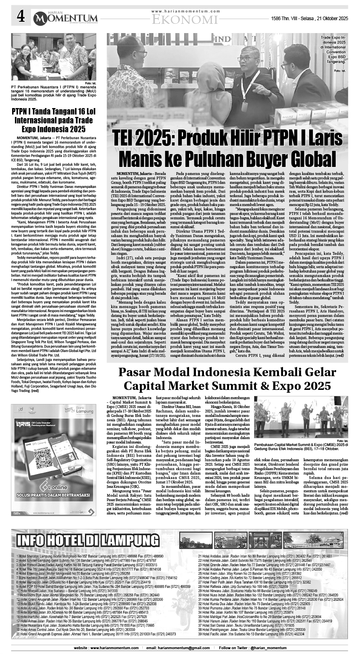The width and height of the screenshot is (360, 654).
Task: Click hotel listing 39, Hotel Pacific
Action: pyautogui.click(x=250, y=634)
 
